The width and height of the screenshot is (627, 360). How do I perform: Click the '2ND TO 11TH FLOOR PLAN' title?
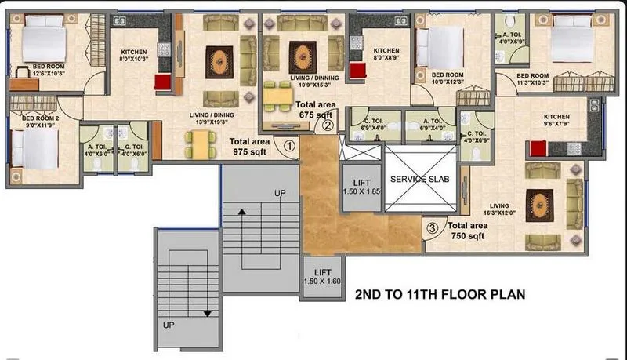(x=439, y=296)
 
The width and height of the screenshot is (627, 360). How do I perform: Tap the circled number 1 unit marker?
(x=289, y=145)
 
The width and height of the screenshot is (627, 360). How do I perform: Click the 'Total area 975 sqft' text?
(x=250, y=147)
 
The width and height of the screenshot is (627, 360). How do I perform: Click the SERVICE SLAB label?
(x=419, y=179)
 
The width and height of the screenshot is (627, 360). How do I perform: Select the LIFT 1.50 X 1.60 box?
(x=323, y=275)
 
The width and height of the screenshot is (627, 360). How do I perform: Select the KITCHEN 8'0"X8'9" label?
(x=386, y=53)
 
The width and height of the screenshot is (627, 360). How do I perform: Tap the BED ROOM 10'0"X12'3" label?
(x=451, y=78)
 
